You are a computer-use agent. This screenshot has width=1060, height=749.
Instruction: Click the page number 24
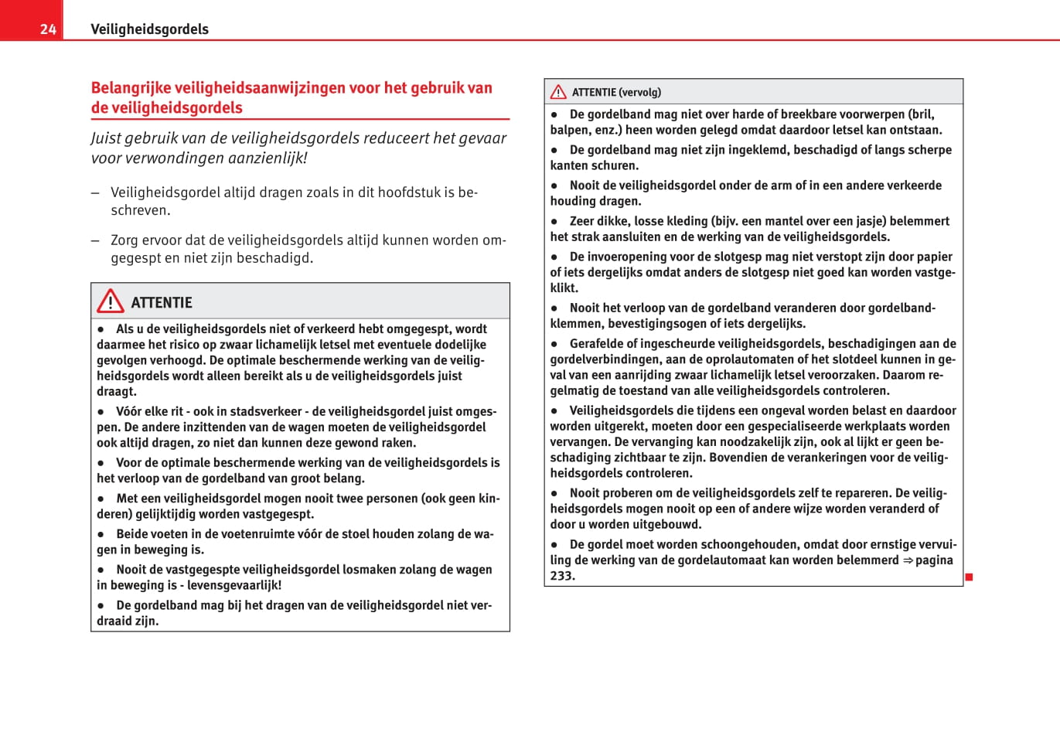click(x=48, y=29)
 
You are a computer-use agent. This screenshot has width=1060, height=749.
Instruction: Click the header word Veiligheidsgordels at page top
click(x=149, y=29)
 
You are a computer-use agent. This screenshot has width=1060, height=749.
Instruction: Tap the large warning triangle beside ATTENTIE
click(x=111, y=301)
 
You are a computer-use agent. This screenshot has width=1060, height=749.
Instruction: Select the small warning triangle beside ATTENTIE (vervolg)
click(x=558, y=92)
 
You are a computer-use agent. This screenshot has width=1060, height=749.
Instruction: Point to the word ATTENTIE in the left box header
click(x=162, y=302)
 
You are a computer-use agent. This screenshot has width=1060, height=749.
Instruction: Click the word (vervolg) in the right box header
click(x=640, y=92)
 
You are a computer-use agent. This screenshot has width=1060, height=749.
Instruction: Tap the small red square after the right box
click(x=969, y=577)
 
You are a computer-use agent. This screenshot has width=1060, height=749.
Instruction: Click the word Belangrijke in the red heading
click(x=131, y=88)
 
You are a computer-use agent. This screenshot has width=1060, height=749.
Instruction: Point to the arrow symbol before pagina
click(x=908, y=560)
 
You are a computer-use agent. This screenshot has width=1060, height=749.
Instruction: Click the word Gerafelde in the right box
click(x=598, y=343)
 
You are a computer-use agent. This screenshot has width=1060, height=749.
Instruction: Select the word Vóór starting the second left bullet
click(x=129, y=411)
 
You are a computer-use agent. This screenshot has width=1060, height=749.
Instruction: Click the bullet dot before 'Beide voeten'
click(x=101, y=534)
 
